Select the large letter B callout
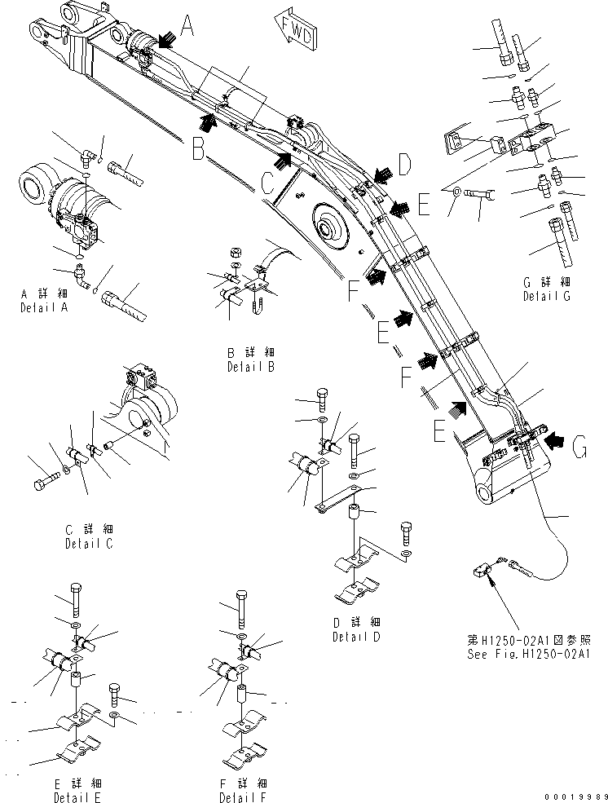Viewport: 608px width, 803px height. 199,148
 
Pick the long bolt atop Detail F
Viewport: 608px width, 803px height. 241,605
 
